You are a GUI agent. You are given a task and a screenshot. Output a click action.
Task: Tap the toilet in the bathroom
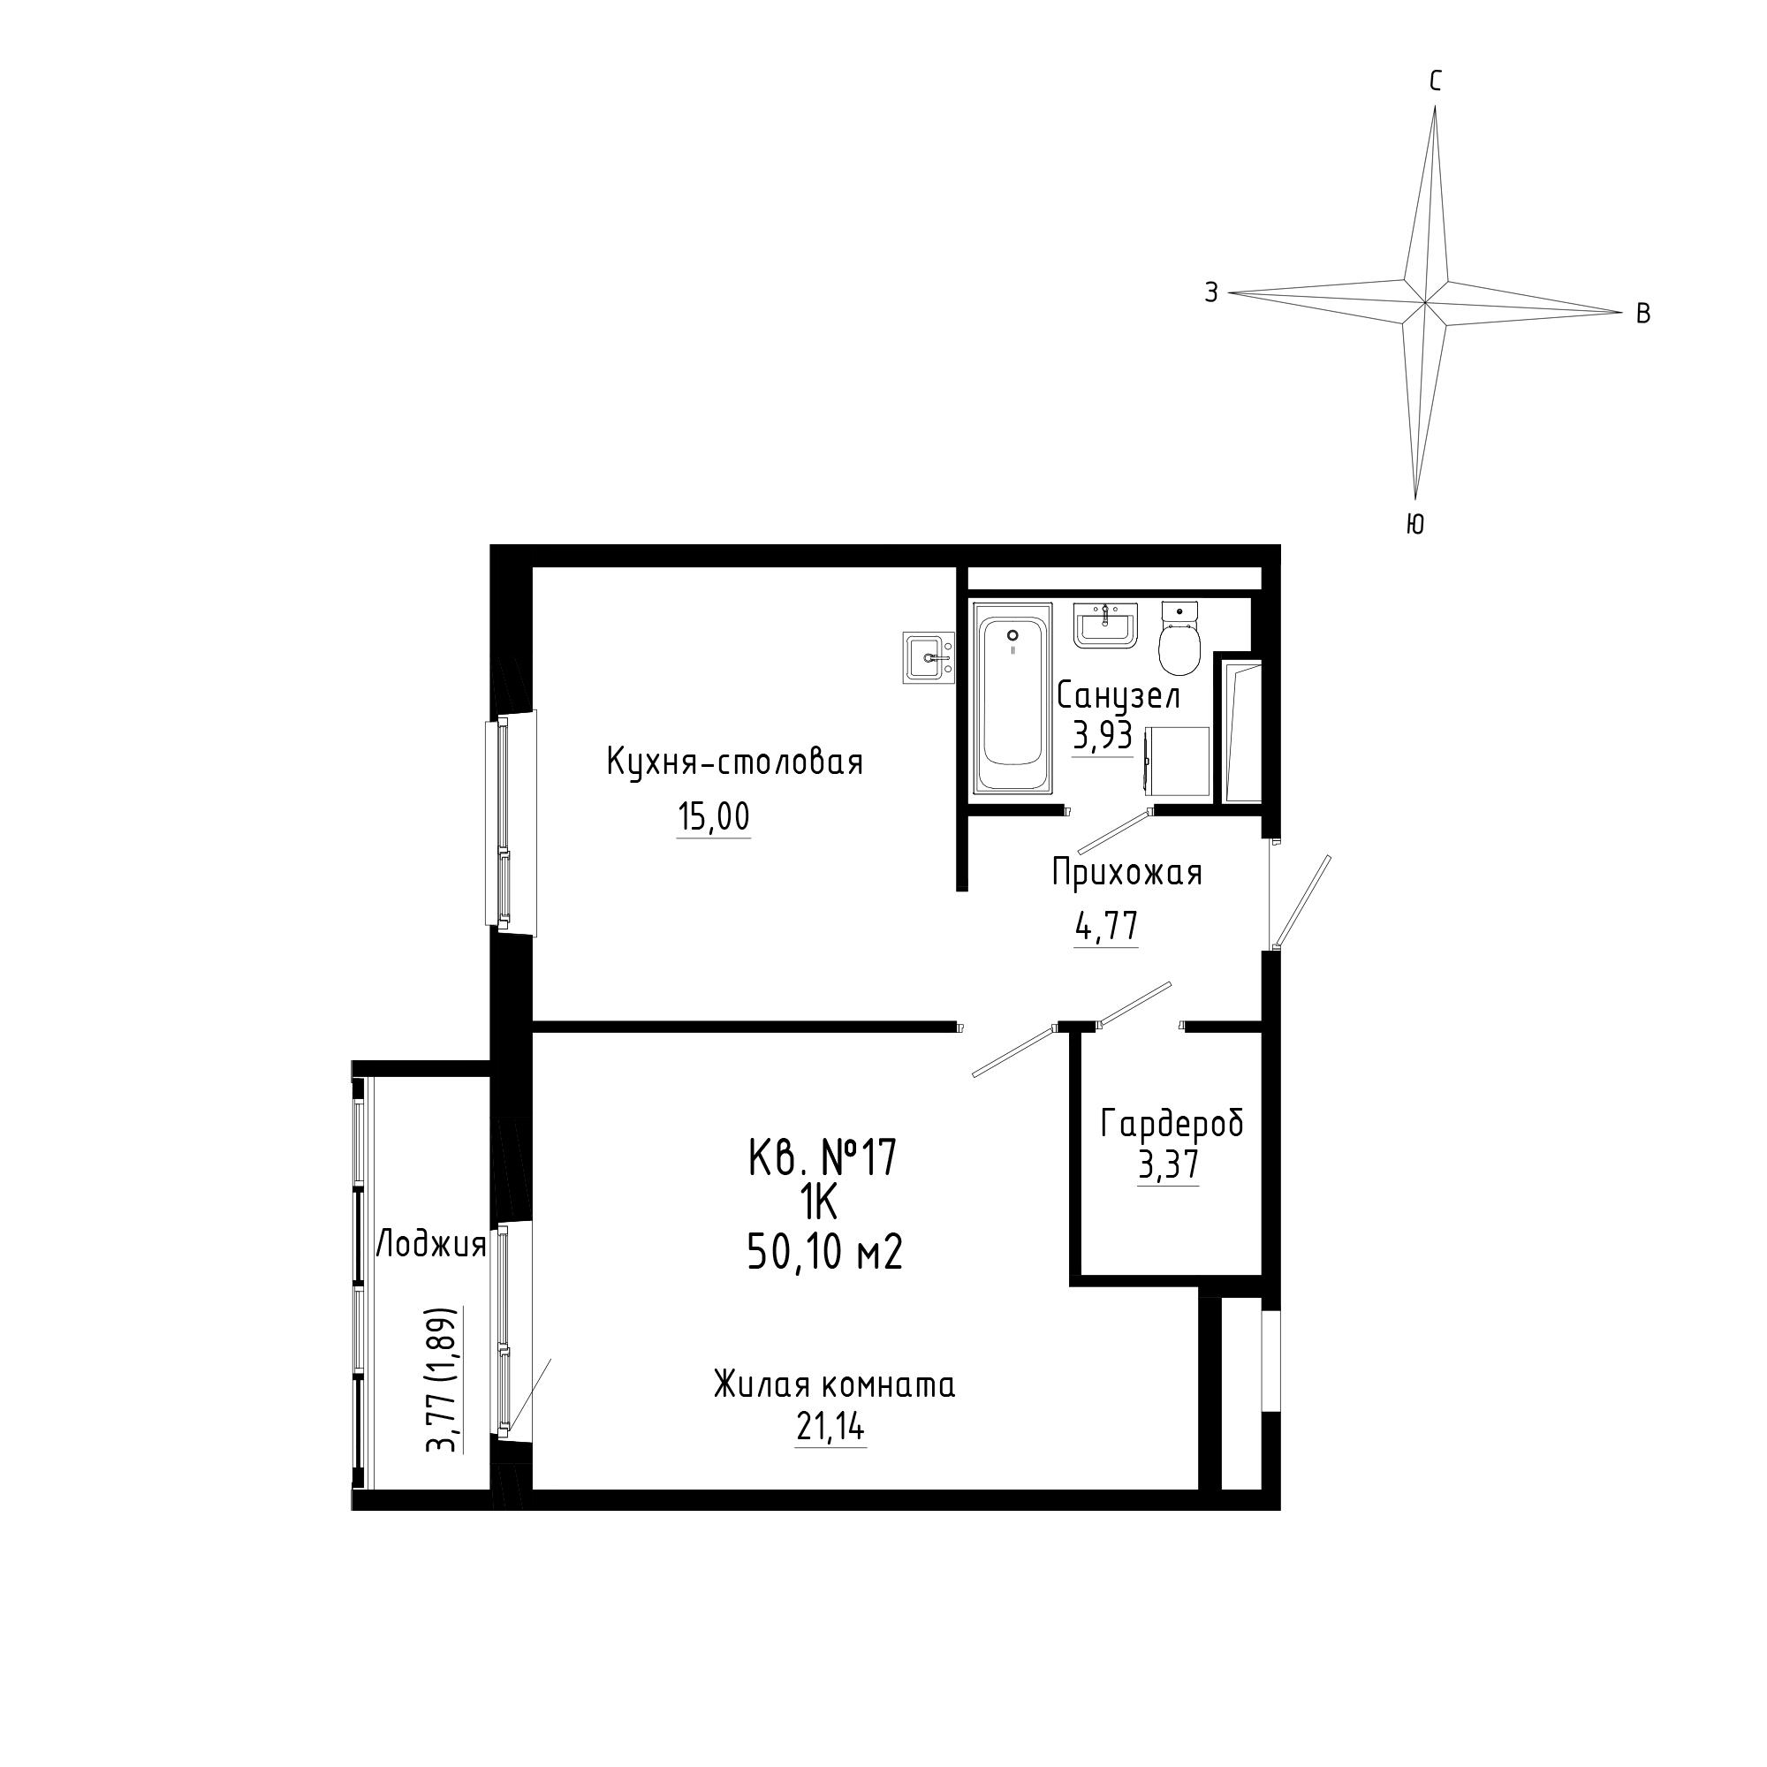(1179, 638)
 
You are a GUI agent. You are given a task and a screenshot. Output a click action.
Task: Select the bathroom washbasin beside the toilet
(1105, 626)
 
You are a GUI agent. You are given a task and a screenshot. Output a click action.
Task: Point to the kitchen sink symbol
(929, 656)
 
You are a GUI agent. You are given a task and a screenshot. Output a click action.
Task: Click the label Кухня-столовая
(734, 762)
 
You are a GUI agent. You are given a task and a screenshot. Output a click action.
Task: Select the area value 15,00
(713, 815)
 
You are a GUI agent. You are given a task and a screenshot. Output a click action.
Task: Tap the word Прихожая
(1126, 873)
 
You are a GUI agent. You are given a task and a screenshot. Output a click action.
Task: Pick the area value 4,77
(1107, 927)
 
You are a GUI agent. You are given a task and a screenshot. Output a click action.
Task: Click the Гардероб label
(1172, 1123)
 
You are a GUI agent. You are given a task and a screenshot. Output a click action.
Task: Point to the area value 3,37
(1168, 1165)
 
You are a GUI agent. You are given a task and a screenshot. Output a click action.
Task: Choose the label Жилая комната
(834, 1385)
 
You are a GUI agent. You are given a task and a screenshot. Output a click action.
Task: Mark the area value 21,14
(830, 1428)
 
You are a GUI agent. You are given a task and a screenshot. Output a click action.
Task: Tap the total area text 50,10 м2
(825, 1252)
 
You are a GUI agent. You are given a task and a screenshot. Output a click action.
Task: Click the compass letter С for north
(1436, 82)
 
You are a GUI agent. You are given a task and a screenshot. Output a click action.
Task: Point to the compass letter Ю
(1414, 524)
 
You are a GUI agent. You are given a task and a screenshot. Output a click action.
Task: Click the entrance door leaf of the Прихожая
(1302, 900)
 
